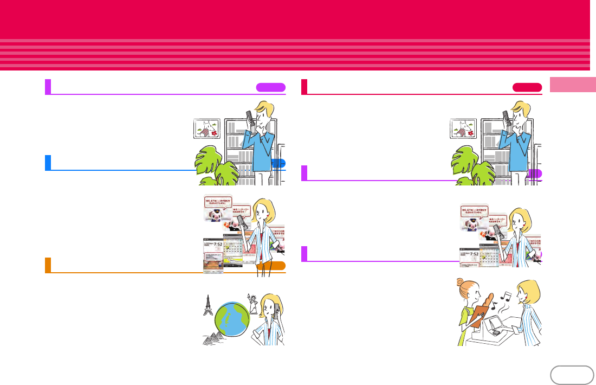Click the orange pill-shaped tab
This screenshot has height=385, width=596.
270,265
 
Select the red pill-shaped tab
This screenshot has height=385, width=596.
527,87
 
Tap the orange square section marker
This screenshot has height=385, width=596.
48,265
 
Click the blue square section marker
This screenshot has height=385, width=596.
48,162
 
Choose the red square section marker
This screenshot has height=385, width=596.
304,87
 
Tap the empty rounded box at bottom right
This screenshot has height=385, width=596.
571,375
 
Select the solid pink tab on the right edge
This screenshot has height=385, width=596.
573,86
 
